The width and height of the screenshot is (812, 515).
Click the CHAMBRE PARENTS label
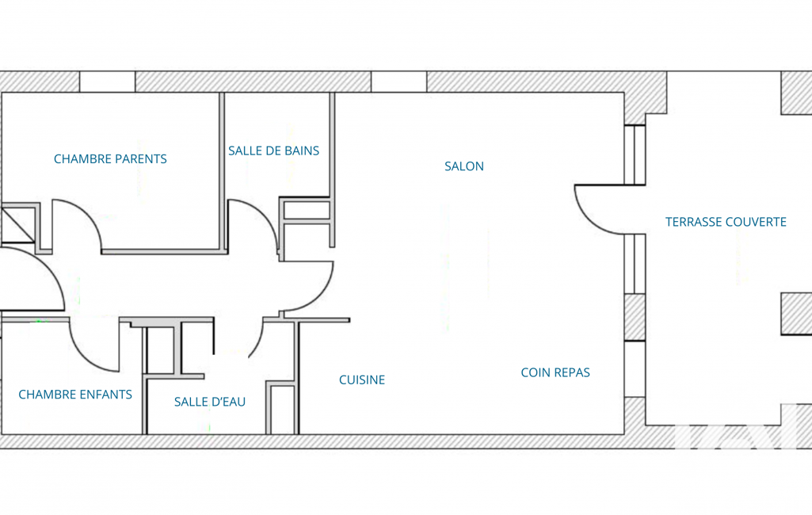(x=110, y=159)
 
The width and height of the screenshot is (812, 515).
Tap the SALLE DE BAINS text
(x=274, y=151)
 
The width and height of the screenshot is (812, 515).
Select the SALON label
(x=464, y=166)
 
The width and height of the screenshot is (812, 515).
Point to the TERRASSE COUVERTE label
(x=726, y=222)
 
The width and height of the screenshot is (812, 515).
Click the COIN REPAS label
(x=555, y=372)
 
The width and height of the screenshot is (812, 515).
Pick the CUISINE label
(x=362, y=380)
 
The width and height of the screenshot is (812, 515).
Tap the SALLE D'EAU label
(x=210, y=402)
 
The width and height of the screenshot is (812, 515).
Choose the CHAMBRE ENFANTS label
(x=75, y=395)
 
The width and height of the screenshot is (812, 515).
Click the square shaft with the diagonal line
(x=19, y=223)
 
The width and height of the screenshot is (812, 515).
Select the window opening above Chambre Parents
(x=107, y=82)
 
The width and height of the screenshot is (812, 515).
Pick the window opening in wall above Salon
(x=398, y=82)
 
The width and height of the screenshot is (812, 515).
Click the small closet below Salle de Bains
(x=307, y=210)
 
